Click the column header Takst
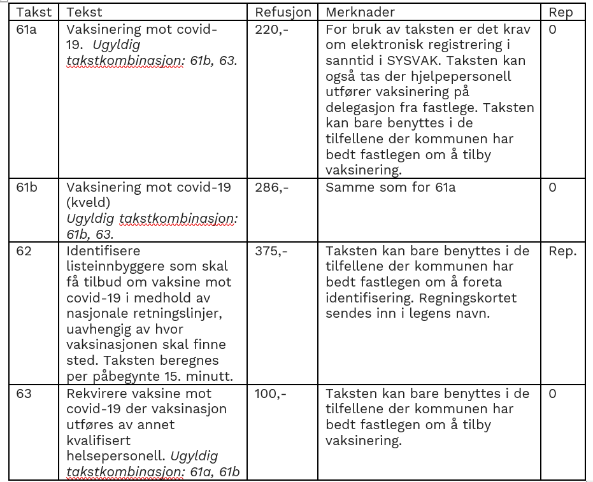coord(33,12)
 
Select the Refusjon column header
coord(283,12)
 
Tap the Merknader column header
coord(360,12)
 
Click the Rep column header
coord(561,12)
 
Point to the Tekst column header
coord(84,12)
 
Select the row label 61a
coord(26,29)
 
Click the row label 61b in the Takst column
coord(27,188)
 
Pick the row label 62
coord(24,251)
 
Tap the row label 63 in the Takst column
coord(24,393)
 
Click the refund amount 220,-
coord(271,29)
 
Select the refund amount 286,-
coord(272,188)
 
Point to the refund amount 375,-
coord(271,251)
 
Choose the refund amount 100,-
coord(271,393)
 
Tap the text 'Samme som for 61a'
coord(390,188)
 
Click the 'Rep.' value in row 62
coord(562,251)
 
